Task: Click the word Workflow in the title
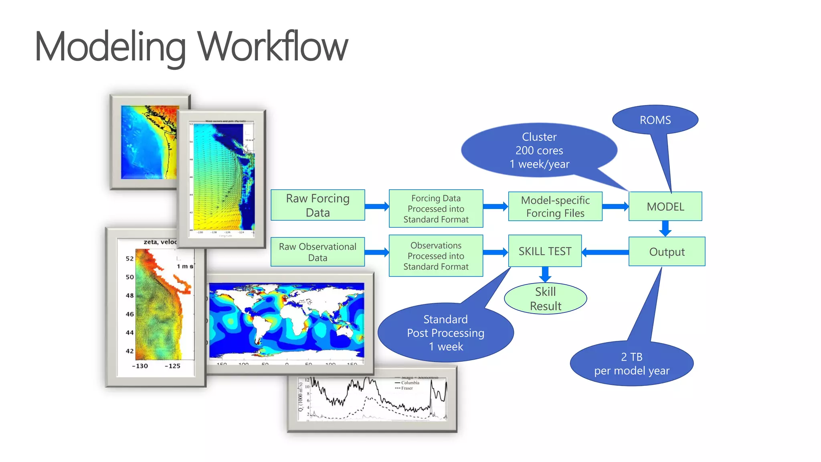pos(273,47)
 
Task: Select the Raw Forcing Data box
pos(317,205)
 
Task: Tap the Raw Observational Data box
pos(317,252)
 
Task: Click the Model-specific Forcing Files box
pos(555,207)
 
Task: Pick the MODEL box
pos(665,207)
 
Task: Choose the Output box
pos(667,252)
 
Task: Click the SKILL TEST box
pos(545,251)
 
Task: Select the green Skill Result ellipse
pos(545,299)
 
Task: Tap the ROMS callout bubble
pos(655,120)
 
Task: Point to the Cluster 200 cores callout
pos(539,150)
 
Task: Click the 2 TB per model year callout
pos(631,364)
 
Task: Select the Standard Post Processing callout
pos(445,333)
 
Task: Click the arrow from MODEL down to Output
pos(665,229)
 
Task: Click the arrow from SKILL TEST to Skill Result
pos(545,275)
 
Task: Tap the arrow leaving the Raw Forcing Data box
pos(377,207)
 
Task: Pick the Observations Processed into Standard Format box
pos(436,256)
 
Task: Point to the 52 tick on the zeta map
pos(129,259)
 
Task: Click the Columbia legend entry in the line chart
pos(410,383)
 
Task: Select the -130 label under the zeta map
pos(140,366)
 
